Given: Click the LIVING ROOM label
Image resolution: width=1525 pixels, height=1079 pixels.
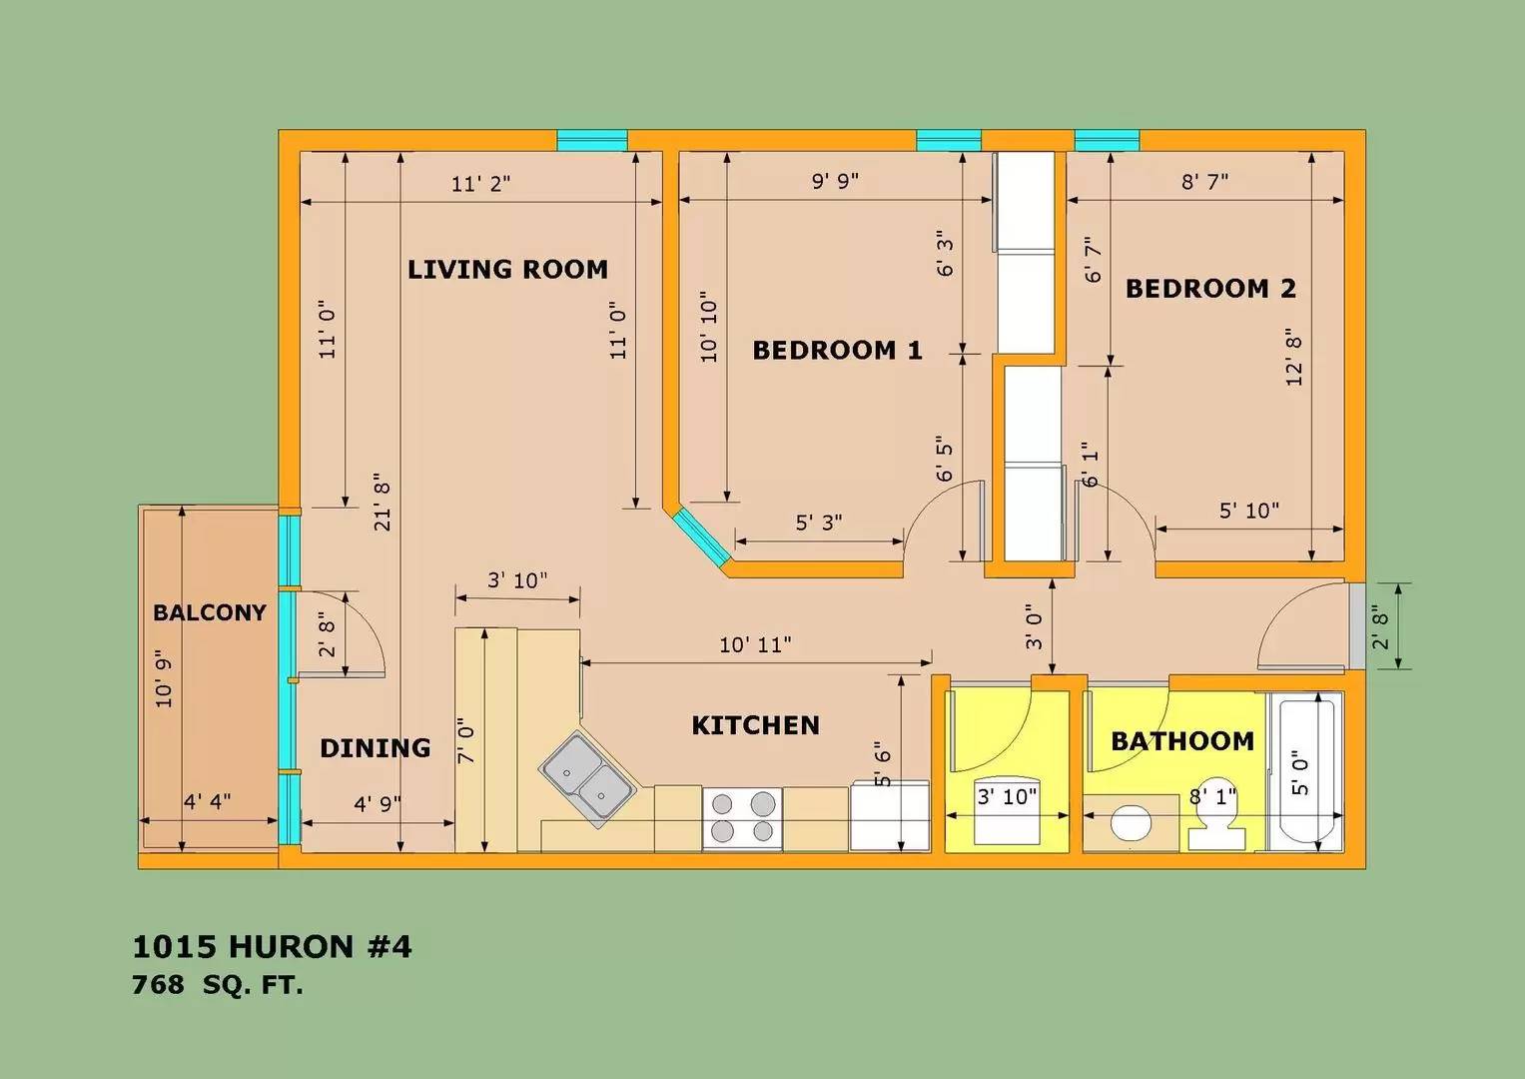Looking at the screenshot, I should [507, 269].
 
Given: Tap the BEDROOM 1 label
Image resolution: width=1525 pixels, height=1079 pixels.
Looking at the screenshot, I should [837, 350].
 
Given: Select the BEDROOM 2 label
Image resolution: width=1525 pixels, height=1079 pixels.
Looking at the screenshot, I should [1210, 289].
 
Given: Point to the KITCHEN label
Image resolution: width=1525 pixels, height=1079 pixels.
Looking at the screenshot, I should [755, 725].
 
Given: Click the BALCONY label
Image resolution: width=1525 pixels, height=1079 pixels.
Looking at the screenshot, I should [209, 612].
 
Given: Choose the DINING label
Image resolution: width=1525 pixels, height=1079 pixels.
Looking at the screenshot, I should [375, 748].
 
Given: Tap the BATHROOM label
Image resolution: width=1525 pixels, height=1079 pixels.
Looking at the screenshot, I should [1182, 741].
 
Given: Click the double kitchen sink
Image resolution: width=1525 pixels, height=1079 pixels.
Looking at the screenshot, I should [586, 780].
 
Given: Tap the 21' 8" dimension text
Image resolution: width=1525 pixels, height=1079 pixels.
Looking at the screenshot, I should [382, 503].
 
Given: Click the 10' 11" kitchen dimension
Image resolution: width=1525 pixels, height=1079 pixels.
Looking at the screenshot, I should [755, 645].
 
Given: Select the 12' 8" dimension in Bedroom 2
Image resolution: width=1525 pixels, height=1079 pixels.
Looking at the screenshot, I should [1294, 358].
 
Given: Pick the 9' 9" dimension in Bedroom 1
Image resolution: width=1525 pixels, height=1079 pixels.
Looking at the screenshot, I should [835, 181].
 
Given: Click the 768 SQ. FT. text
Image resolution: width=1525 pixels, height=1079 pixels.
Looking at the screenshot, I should [218, 985].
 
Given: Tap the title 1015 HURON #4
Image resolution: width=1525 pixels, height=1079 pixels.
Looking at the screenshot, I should [272, 946].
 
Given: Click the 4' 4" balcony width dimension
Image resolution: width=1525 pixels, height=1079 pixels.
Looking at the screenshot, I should [208, 801].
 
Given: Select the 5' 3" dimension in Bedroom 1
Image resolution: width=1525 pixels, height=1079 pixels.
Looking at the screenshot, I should [818, 523].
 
